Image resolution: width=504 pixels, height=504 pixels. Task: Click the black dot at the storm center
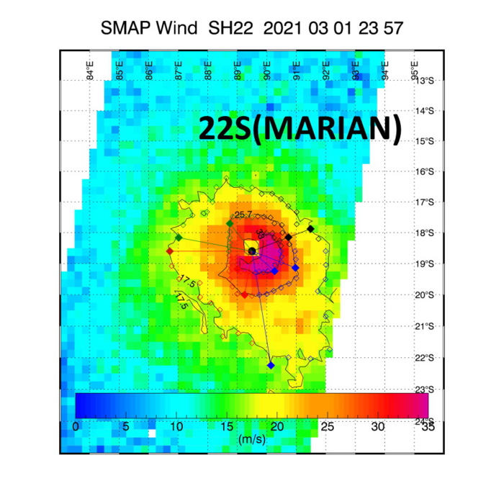[x=252, y=251]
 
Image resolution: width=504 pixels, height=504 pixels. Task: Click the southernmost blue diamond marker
[x=271, y=366]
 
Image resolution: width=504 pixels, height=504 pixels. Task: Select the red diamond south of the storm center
[x=245, y=294]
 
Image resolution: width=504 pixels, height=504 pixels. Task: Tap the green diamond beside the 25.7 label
[x=230, y=224]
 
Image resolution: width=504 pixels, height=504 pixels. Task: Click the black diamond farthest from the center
[x=310, y=228]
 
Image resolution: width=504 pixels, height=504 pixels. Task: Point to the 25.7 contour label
[x=243, y=215]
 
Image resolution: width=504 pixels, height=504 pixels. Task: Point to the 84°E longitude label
[x=90, y=71]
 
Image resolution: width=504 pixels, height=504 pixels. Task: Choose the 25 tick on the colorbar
[x=327, y=426]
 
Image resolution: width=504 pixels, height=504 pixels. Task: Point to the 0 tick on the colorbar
[x=76, y=426]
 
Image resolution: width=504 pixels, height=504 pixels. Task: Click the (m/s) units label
[x=251, y=438]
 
